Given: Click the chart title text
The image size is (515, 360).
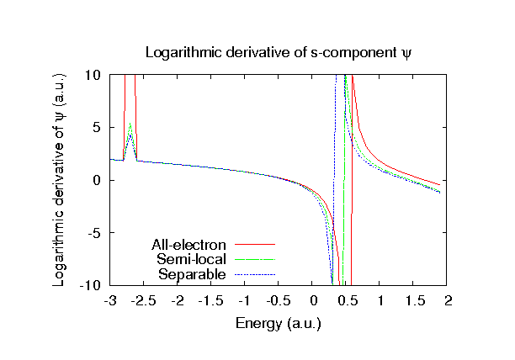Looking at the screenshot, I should pos(279,52).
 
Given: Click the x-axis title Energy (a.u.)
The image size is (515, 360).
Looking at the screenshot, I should pos(279,322).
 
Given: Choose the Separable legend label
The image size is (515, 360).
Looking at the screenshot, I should pos(192,273).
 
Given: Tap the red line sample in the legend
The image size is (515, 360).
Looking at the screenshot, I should pos(254,245).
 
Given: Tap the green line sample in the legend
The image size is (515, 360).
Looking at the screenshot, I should pos(254,259).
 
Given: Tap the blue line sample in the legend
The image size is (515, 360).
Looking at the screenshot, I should pos(254,273).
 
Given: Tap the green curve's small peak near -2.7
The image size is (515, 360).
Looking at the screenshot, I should pos(130,124).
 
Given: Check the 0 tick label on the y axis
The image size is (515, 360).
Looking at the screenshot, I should pos(99,181).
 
